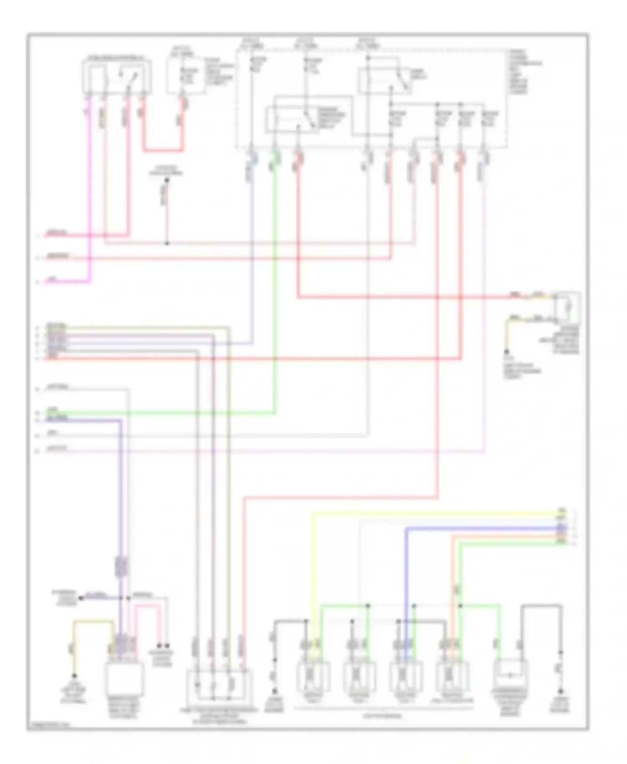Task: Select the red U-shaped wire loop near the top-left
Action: [163, 150]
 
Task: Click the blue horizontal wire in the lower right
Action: [481, 529]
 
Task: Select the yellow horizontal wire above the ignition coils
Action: [435, 513]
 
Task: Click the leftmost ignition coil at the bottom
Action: [313, 676]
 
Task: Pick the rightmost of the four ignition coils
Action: [451, 676]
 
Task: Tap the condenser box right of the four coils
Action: [510, 674]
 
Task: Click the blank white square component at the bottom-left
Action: [125, 679]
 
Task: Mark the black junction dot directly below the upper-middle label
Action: [166, 181]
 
